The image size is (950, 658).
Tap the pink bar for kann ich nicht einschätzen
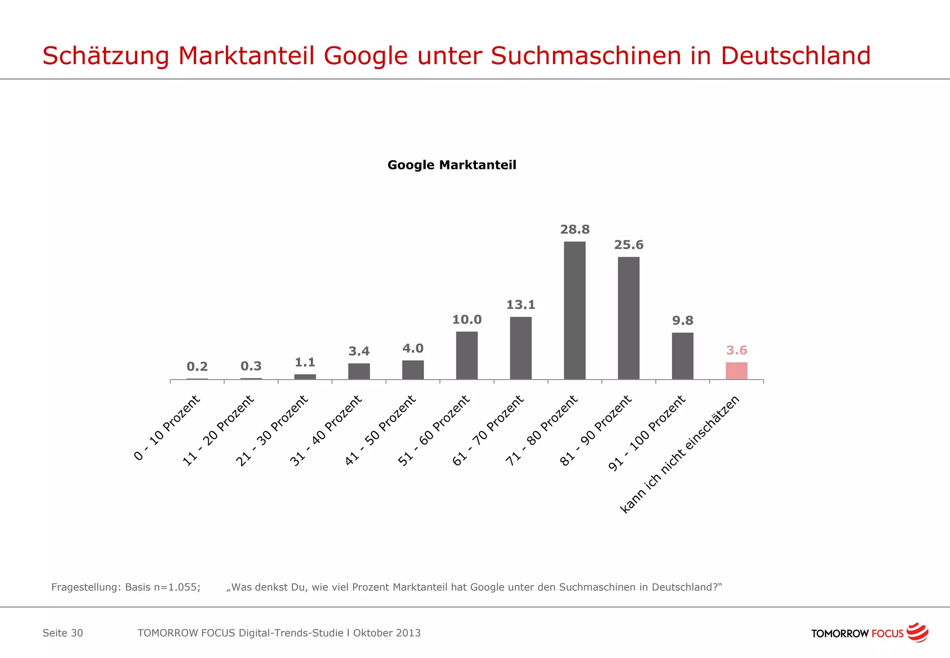pos(736,371)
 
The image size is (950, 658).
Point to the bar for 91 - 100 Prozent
pos(682,356)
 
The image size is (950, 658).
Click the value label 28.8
pos(575,229)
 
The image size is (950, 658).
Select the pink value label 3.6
pos(736,350)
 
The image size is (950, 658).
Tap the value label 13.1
pos(520,305)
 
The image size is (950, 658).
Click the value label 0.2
pos(197,367)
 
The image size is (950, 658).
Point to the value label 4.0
pos(413,348)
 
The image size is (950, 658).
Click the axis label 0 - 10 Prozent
pos(167,427)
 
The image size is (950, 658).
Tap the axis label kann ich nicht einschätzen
pos(680,454)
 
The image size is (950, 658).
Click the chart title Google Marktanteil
pos(451,165)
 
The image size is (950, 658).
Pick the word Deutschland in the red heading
pos(795,56)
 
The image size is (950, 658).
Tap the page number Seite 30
pos(63,633)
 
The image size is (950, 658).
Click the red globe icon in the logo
pos(918,632)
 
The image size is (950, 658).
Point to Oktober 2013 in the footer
pos(387,633)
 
